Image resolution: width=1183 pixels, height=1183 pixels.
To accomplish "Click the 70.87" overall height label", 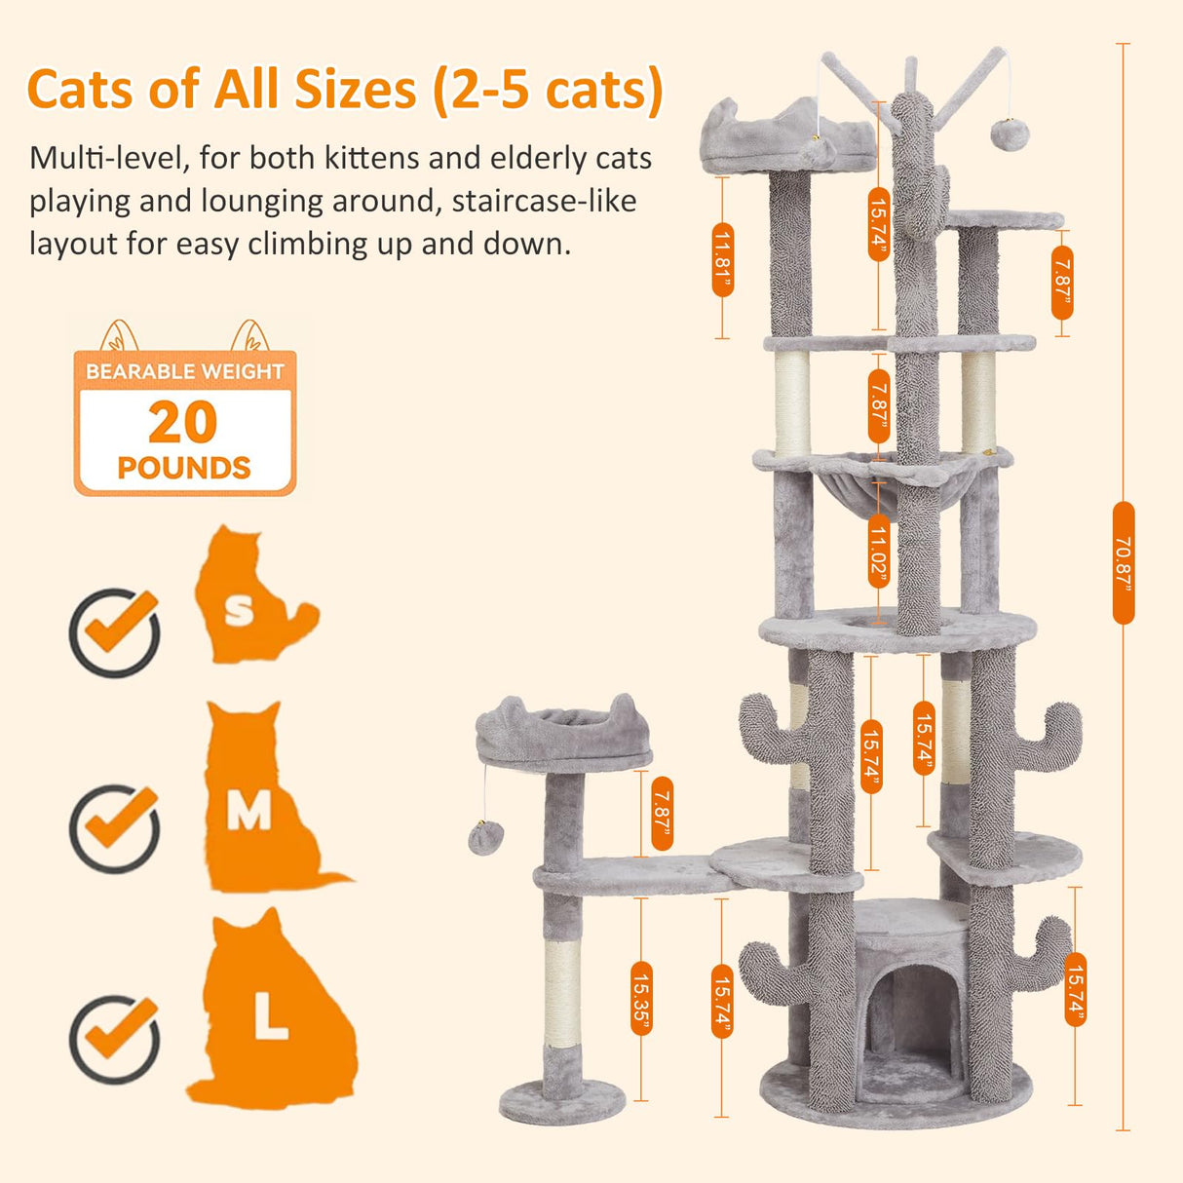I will (x=1123, y=562).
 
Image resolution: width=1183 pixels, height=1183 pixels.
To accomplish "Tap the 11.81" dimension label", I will (x=722, y=259).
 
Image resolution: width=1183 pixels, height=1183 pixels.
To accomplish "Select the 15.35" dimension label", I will (x=640, y=998).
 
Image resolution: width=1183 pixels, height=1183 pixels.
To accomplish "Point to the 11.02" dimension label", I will (x=878, y=553).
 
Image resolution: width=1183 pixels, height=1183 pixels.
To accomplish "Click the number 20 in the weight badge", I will (x=183, y=423).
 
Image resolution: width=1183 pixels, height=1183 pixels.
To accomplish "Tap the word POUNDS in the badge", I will (x=184, y=468).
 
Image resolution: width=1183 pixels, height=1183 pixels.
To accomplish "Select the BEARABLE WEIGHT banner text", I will (x=184, y=371).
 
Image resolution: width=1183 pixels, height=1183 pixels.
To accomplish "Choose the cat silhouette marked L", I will (x=273, y=1013).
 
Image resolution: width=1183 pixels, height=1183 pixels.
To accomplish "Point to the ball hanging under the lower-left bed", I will (x=485, y=837).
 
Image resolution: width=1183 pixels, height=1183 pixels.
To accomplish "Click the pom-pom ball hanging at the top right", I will (x=1010, y=133).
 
